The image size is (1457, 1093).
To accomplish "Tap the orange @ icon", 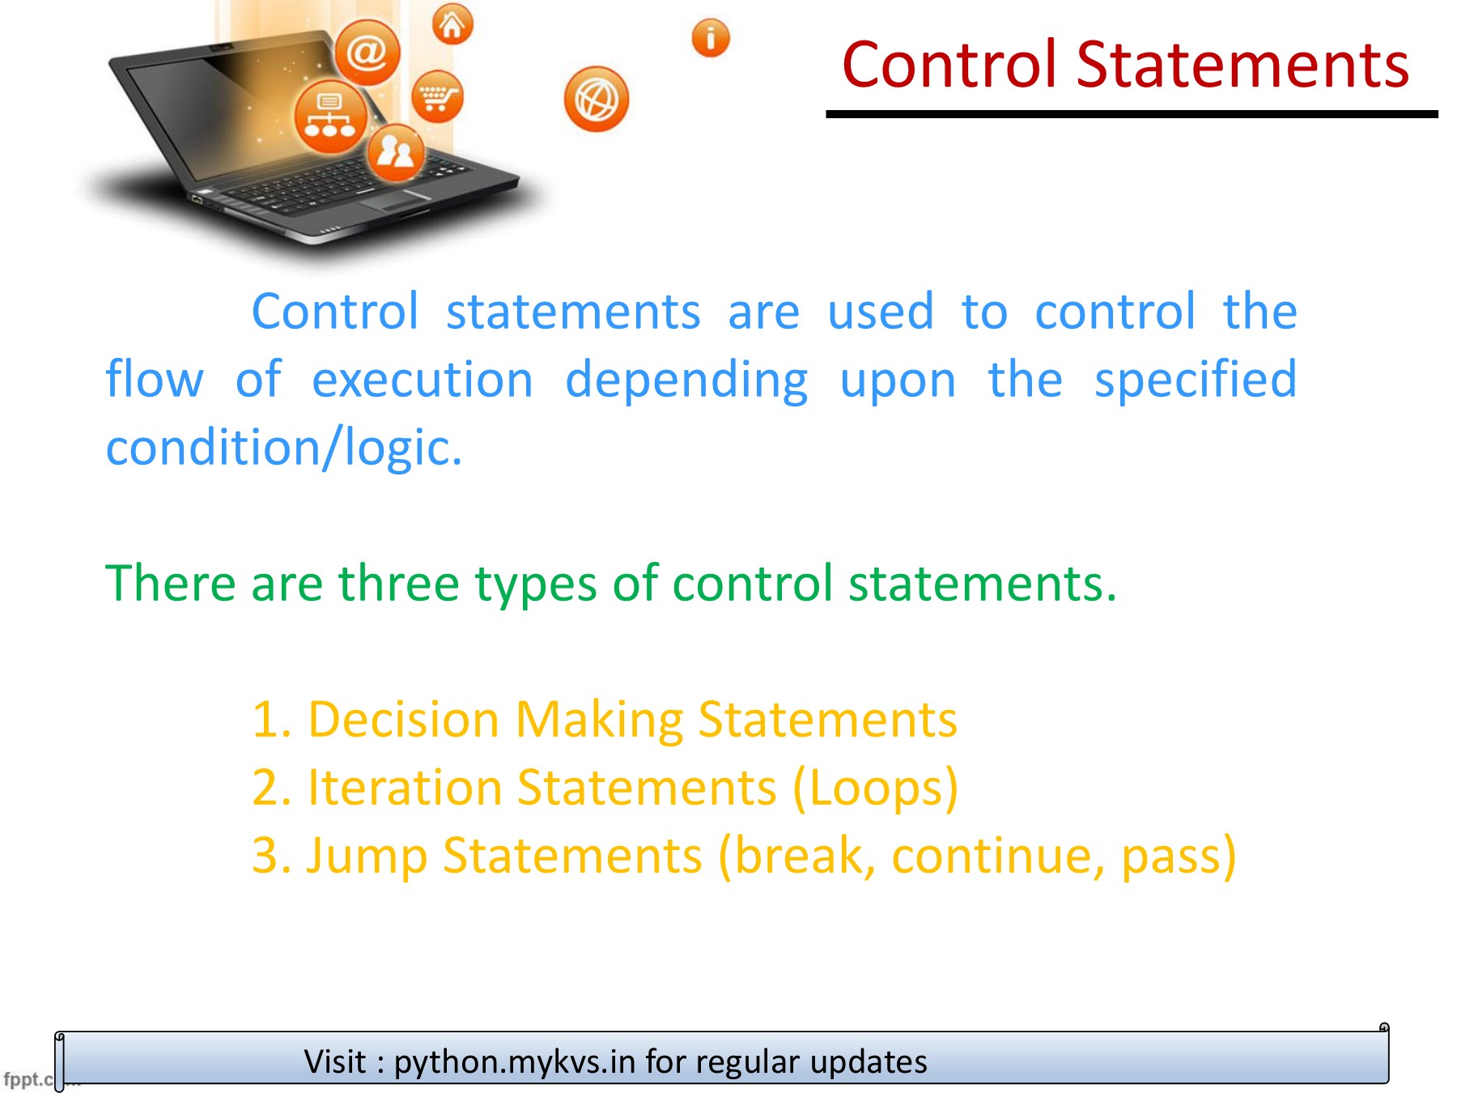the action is coord(367,53).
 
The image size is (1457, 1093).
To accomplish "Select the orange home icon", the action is coord(452,24).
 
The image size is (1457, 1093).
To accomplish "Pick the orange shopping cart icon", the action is coord(437,96).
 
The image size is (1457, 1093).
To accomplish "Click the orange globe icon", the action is coord(597,100).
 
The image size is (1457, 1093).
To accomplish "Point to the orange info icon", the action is coord(711,38).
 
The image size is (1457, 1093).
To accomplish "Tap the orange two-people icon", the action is coord(396,152).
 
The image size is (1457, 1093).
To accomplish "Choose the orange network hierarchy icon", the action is coord(330,117).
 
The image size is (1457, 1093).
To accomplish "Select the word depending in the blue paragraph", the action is coord(686,381).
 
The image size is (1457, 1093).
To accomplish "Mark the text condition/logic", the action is coord(284,448).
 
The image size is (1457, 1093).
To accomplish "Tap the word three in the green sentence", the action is coord(398,582).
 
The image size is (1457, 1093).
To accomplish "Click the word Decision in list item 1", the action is coord(403,719).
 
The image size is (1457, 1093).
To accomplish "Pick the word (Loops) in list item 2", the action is coord(876,789).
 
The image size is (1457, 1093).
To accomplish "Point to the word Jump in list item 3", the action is coord(367,857).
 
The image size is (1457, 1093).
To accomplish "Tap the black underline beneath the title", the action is coord(1132,114).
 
